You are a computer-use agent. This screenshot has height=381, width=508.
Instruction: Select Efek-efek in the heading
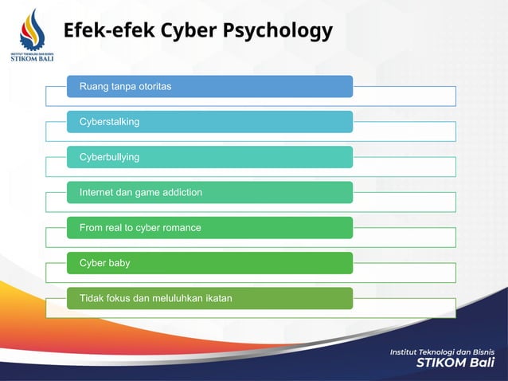pyautogui.click(x=109, y=31)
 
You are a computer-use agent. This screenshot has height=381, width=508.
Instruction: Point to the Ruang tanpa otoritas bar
pyautogui.click(x=209, y=86)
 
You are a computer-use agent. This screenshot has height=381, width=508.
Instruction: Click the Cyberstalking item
pyautogui.click(x=209, y=122)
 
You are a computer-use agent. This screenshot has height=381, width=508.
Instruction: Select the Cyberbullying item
pyautogui.click(x=209, y=157)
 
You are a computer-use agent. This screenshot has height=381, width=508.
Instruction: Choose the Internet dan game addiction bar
pyautogui.click(x=209, y=192)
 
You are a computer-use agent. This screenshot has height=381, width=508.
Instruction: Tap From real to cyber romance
pyautogui.click(x=209, y=228)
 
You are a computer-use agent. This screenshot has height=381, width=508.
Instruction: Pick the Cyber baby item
pyautogui.click(x=209, y=263)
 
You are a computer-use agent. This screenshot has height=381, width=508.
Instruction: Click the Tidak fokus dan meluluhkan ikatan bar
pyautogui.click(x=209, y=298)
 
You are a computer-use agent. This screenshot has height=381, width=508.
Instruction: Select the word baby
pyautogui.click(x=119, y=263)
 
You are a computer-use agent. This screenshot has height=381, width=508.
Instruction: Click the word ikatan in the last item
pyautogui.click(x=217, y=299)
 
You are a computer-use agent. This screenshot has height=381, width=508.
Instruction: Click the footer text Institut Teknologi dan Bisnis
pyautogui.click(x=442, y=352)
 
